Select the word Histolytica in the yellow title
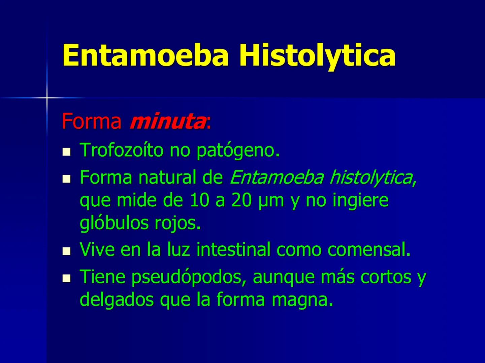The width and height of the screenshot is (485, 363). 317,55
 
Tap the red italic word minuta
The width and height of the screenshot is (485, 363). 167,122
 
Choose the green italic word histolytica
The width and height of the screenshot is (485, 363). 371,177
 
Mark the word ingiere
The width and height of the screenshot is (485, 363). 360,201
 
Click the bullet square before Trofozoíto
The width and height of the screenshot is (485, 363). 67,152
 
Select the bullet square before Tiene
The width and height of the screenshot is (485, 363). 67,279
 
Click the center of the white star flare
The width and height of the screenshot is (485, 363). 47,98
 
